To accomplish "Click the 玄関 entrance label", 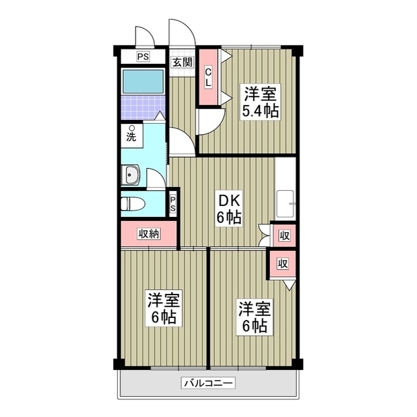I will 182,63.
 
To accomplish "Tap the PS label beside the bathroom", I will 143,57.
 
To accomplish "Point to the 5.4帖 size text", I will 261,111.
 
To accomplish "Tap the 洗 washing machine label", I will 132,137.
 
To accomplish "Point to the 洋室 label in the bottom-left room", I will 163,300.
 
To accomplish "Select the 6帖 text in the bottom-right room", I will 254,325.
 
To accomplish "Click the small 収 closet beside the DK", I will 283,235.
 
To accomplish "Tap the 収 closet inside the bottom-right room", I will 282,264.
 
